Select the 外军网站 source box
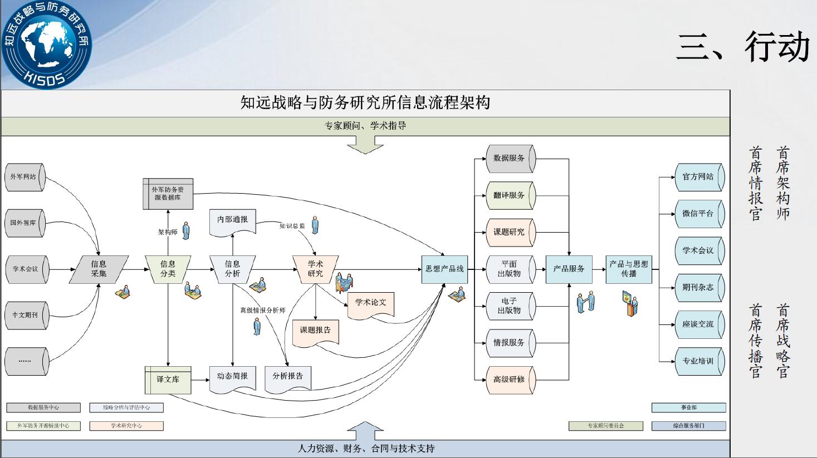tap(25, 177)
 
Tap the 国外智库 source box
tap(25, 223)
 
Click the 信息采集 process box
tap(99, 269)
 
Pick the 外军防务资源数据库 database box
tap(168, 194)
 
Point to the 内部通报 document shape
tap(232, 220)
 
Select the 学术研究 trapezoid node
tap(315, 269)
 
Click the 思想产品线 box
tap(444, 269)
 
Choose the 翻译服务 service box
tap(510, 195)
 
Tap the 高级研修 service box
tap(510, 380)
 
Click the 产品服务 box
tap(569, 269)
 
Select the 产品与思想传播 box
tap(628, 269)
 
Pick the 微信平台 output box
tap(698, 214)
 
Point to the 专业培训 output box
tap(698, 361)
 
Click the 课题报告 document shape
tap(315, 331)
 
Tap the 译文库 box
tap(168, 380)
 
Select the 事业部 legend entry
tap(688, 408)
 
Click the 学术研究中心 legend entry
tap(126, 426)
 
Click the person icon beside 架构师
tap(186, 230)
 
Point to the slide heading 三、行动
tap(743, 47)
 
